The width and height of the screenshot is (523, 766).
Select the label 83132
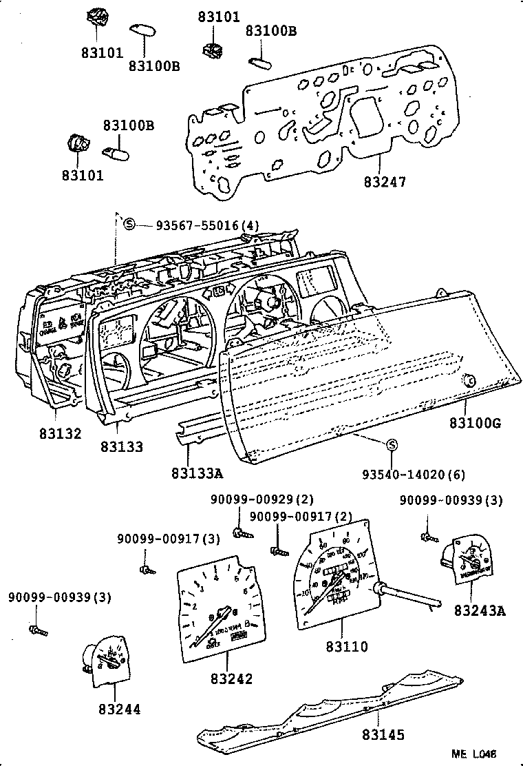tap(60, 434)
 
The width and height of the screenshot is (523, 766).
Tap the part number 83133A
tap(198, 473)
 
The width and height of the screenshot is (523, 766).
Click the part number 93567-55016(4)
tap(197, 225)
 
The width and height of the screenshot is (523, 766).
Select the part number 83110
tap(348, 646)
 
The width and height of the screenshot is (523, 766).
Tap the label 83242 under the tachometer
tap(232, 679)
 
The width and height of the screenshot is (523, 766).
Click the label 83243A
tap(479, 610)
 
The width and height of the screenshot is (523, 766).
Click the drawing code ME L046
tap(474, 754)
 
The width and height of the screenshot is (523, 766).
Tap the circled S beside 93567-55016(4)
tap(129, 224)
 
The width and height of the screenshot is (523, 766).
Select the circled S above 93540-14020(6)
tap(391, 445)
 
